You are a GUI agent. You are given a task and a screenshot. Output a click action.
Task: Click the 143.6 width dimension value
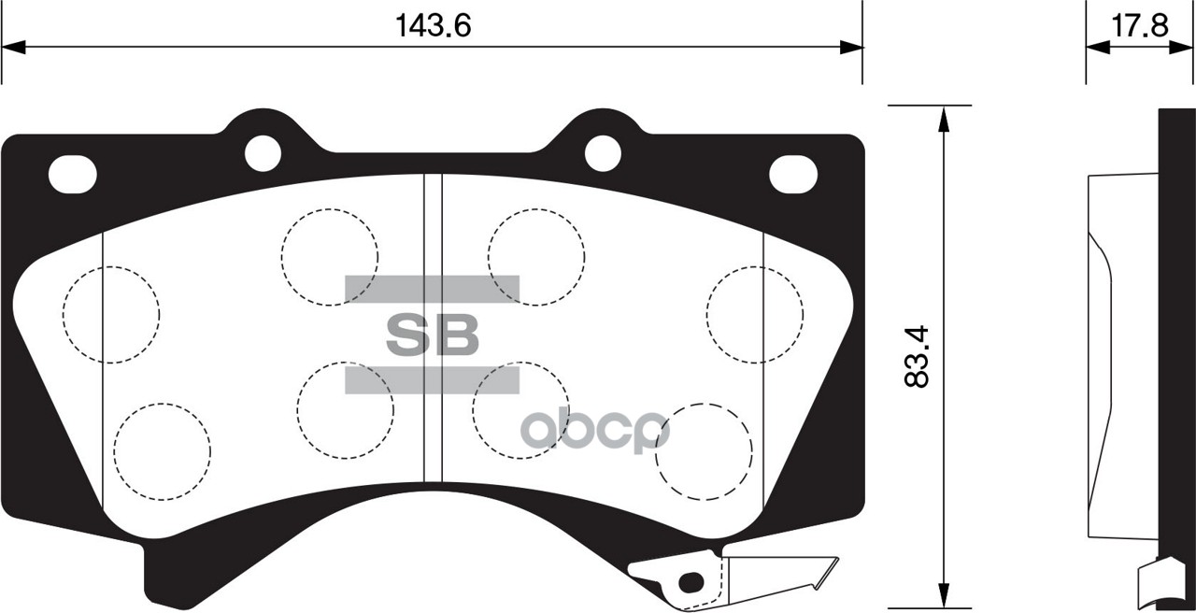point(432,25)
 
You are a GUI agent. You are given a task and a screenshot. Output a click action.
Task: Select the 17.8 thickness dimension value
point(1140,25)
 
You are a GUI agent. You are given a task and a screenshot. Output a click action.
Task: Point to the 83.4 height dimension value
point(918,356)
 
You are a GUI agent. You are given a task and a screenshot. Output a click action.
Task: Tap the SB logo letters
point(432,335)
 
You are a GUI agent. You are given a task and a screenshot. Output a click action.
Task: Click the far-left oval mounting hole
point(72,175)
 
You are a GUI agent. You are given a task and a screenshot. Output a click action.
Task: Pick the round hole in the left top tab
point(263,152)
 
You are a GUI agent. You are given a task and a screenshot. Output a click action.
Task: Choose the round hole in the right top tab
point(603,152)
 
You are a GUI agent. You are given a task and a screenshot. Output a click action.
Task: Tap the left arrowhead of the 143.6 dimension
point(13,48)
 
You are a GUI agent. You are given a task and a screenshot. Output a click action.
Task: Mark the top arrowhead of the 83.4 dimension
point(944,116)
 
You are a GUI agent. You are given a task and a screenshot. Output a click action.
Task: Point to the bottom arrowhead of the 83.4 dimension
point(944,598)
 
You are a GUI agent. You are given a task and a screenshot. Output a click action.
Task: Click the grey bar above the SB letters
point(432,289)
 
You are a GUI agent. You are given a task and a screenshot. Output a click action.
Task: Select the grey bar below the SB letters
point(432,378)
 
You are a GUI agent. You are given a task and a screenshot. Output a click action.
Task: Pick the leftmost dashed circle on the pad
point(111,314)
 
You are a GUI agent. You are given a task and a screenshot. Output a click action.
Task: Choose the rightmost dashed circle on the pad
point(755,314)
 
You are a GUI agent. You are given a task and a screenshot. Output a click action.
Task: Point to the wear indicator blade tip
point(827,572)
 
